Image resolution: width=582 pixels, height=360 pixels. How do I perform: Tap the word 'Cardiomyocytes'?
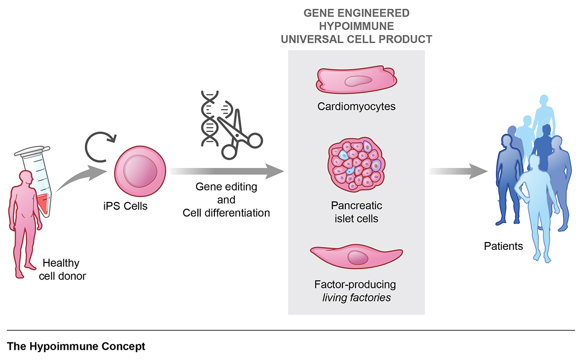(356, 106)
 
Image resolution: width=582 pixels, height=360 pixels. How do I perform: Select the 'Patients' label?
(503, 246)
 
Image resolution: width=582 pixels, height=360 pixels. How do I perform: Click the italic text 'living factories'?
(356, 297)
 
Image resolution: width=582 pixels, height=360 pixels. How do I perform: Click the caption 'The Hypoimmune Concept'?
(76, 347)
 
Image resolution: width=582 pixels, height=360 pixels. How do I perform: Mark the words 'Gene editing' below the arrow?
(226, 187)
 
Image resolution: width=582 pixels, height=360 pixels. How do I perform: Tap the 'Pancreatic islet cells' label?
(356, 212)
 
